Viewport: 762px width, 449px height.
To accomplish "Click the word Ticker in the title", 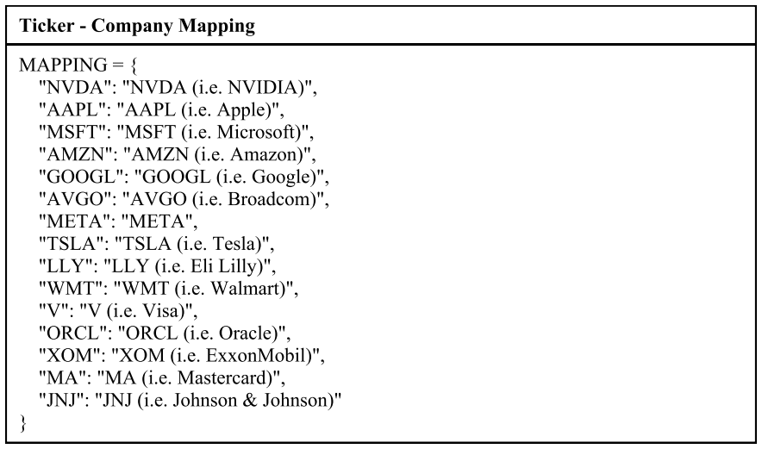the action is (x=47, y=25).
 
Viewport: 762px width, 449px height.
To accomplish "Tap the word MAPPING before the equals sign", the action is (x=63, y=65).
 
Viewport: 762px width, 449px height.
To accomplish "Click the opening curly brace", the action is (x=134, y=65).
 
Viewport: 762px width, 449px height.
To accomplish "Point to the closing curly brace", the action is (x=22, y=423).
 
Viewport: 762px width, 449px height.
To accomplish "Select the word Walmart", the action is (x=247, y=289).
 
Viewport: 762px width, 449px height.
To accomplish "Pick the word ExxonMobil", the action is (x=259, y=356).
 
